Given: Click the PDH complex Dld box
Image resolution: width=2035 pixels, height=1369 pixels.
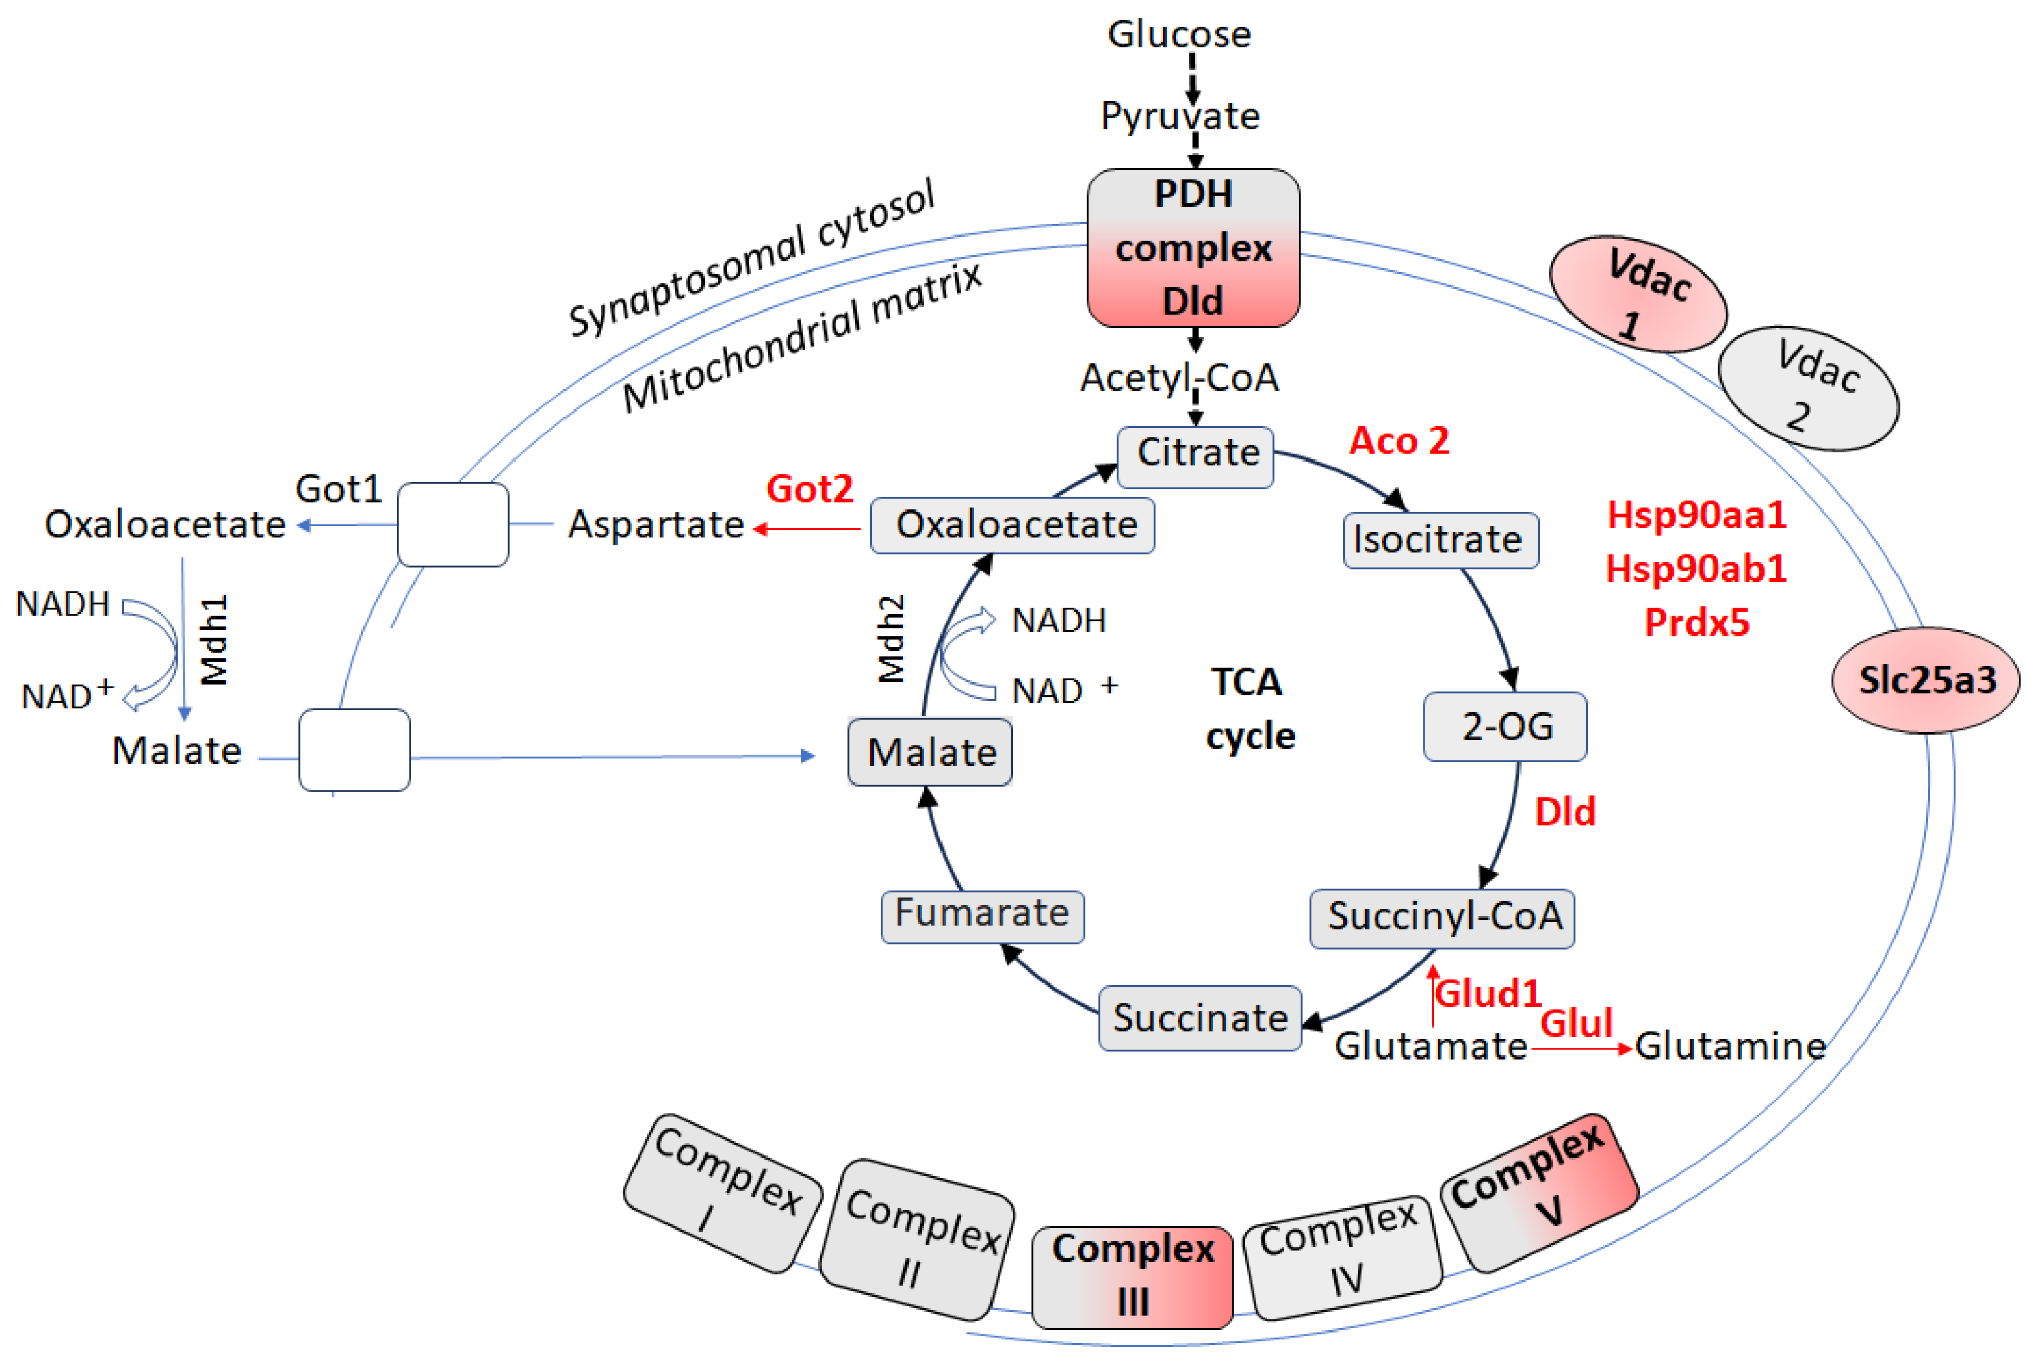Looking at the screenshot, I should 1192,248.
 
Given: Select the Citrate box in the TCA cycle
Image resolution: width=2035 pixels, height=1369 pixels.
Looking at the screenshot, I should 1195,457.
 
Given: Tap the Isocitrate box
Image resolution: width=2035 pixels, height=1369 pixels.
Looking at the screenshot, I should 1440,541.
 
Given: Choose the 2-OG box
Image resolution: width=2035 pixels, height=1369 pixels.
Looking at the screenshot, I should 1504,726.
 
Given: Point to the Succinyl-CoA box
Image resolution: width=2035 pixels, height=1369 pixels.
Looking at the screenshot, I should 1441,918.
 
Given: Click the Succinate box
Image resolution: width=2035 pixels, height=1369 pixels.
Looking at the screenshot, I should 1199,1018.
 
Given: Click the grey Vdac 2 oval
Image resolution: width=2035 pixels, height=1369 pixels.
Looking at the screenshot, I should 1807,389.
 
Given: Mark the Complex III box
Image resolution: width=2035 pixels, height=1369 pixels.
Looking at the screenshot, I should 1132,1276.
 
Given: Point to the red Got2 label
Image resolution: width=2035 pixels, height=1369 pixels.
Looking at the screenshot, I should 809,489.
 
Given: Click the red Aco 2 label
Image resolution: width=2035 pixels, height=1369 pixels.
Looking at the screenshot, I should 1399,441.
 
